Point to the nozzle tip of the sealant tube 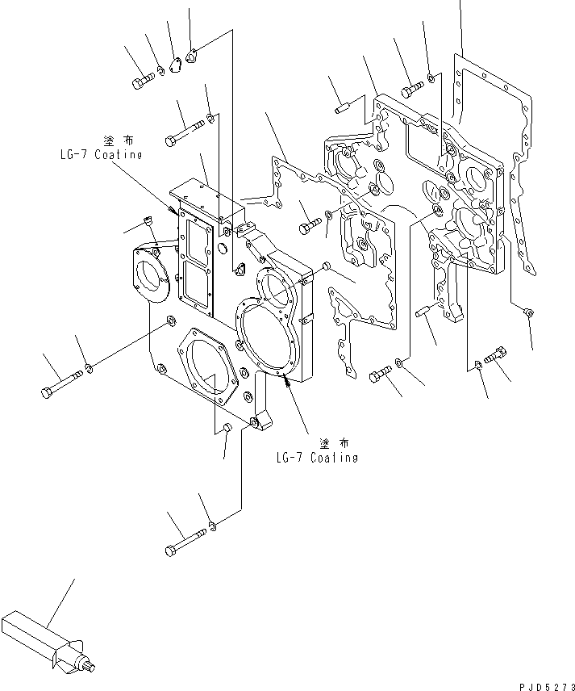click(x=90, y=668)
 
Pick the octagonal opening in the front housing click(x=206, y=371)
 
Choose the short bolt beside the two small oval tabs click(x=142, y=80)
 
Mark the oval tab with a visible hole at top click(x=192, y=57)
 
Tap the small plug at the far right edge click(x=527, y=311)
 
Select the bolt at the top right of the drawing click(x=413, y=84)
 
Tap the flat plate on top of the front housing click(x=206, y=194)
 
